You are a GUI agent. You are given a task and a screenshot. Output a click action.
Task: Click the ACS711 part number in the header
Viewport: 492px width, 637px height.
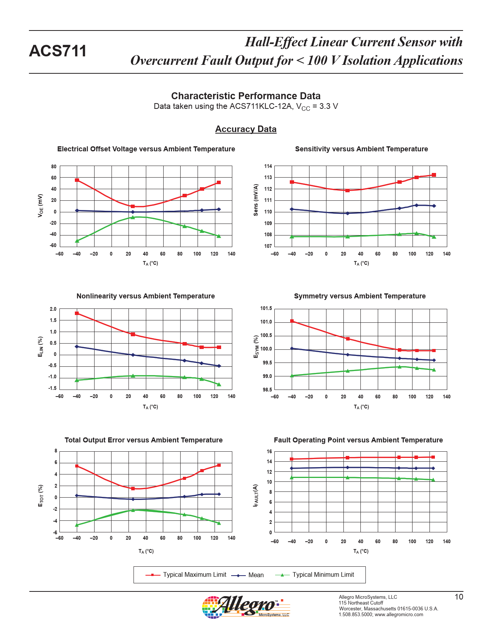point(58,51)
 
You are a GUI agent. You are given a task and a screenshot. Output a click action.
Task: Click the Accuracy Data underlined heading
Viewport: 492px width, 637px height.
point(246,129)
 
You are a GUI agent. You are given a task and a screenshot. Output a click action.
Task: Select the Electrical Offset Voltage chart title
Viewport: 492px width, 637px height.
point(146,149)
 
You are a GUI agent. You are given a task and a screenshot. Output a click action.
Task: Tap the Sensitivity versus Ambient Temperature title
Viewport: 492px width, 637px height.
point(361,149)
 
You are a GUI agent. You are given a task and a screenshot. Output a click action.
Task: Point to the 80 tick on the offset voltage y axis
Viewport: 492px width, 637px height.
point(54,167)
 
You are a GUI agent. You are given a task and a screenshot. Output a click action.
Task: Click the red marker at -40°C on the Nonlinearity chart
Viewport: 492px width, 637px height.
point(77,313)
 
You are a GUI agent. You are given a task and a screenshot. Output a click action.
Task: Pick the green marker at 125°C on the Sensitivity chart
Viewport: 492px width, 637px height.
point(434,237)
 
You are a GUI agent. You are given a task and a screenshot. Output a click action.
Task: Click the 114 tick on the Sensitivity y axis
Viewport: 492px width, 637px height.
point(268,166)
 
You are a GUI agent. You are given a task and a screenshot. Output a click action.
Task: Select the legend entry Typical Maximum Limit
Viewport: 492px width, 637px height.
point(194,575)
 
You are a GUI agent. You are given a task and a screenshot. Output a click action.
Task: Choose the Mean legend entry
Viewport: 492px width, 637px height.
point(256,575)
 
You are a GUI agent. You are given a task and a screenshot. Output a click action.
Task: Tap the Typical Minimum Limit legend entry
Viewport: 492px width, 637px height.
point(323,575)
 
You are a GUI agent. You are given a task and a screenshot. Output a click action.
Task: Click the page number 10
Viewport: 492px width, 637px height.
point(458,597)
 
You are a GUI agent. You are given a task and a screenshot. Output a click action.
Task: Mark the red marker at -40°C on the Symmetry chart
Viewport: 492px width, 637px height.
point(292,321)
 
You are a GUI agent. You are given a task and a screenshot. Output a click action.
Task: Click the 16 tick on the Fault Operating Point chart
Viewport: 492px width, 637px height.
point(269,452)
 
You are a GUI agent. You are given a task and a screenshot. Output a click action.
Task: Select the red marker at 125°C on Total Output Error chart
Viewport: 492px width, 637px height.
point(219,466)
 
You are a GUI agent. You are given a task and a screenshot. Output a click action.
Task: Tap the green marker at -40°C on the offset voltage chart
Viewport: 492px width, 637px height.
point(77,241)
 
